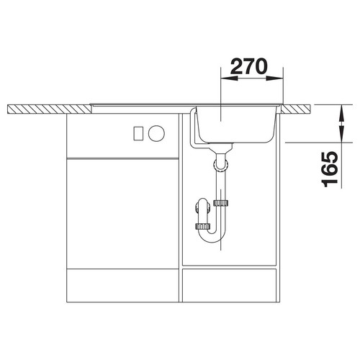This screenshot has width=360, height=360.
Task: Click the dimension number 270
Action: click(248, 66)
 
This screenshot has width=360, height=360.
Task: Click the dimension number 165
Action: click(330, 169)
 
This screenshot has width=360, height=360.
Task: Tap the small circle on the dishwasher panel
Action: click(156, 133)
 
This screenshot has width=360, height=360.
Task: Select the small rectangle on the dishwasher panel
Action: click(138, 133)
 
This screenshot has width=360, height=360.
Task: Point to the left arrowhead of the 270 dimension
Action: click(229, 78)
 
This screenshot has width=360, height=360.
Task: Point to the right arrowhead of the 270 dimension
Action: click(274, 78)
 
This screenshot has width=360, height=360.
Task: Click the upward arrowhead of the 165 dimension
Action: click(342, 114)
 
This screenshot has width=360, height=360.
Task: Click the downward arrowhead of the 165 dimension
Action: click(342, 133)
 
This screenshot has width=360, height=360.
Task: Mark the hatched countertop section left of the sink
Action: click(49, 109)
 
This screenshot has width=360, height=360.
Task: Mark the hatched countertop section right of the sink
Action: click(296, 109)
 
